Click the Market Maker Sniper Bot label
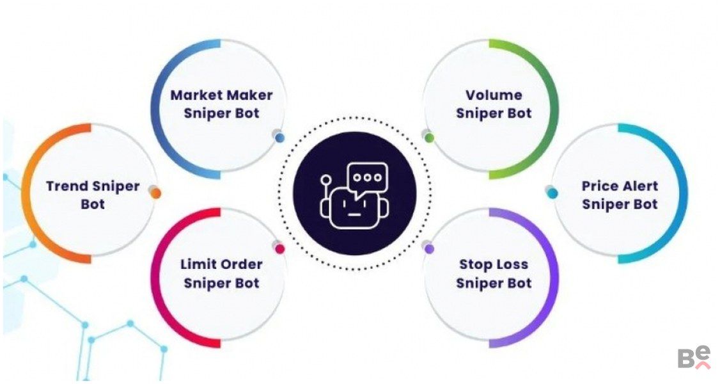point(221,104)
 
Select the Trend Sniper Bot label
point(93,195)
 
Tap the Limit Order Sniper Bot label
point(221,273)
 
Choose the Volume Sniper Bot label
point(494,104)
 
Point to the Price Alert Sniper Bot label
point(620,195)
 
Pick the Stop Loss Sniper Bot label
point(494,273)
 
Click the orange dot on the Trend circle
point(155,192)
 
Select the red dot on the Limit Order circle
point(279,248)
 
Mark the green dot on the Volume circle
point(429,137)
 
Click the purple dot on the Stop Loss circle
point(429,248)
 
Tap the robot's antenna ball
point(326,180)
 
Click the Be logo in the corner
point(694,357)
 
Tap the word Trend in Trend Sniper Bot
point(67,186)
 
